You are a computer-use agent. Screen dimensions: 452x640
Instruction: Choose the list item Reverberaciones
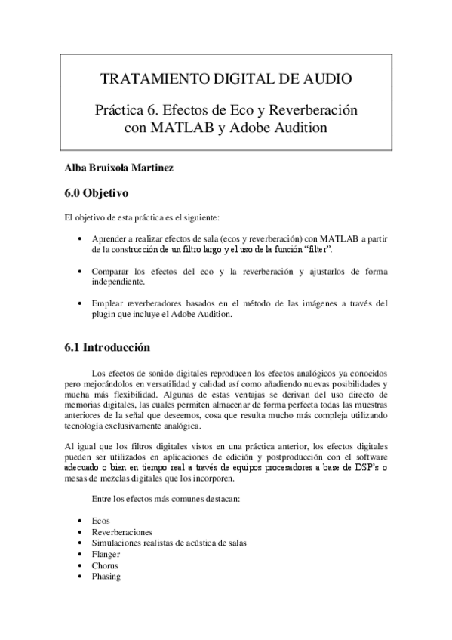(121, 532)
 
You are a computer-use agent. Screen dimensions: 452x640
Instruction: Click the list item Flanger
(106, 554)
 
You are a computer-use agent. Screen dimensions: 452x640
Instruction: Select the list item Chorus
(105, 565)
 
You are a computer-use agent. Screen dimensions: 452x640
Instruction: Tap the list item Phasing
(106, 576)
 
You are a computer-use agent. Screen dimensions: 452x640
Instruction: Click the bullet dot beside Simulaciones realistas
(80, 543)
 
